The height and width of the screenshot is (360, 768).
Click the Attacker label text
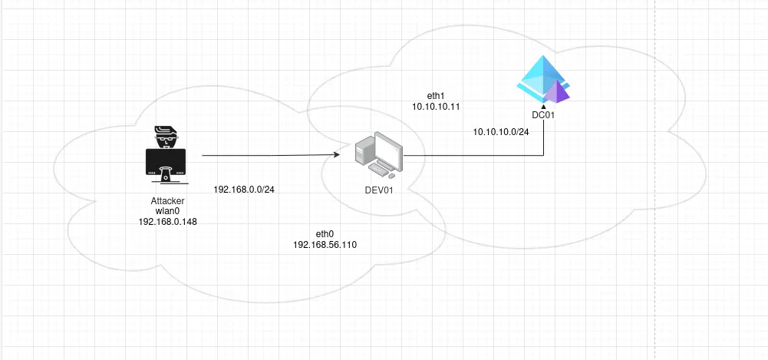tap(166, 201)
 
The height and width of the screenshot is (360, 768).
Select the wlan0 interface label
tap(166, 211)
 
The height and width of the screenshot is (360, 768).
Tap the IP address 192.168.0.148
tap(166, 221)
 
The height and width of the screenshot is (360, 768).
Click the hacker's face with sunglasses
tap(166, 140)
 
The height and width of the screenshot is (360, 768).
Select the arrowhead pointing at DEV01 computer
tap(337, 156)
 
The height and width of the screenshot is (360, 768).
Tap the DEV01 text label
tap(378, 190)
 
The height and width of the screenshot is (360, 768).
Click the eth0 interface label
tap(325, 233)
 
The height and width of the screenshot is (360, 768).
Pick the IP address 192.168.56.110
tap(325, 244)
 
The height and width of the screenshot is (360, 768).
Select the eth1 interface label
tap(436, 96)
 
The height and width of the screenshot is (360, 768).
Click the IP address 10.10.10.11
tap(436, 107)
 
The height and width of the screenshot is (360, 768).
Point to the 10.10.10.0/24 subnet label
tap(501, 132)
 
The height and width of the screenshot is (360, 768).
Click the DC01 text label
tap(543, 115)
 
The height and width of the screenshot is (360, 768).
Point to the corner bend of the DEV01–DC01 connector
tap(543, 157)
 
